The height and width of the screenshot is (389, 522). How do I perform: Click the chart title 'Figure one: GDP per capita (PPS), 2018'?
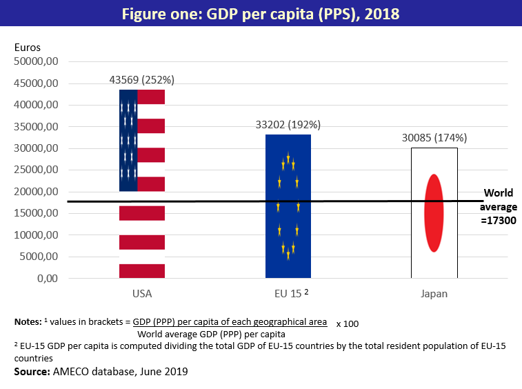261,14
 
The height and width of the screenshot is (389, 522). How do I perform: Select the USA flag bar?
142,228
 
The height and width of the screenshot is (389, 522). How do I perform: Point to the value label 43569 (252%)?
142,80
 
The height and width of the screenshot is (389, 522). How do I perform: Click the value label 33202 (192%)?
288,125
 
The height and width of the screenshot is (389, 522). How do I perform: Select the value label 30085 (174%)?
434,137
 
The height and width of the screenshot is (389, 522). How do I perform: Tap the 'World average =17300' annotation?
499,207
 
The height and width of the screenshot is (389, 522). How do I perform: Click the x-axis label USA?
142,294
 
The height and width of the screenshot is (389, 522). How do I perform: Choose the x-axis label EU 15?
288,294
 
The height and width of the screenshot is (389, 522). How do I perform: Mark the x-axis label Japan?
434,294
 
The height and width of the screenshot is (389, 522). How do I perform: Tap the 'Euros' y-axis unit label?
28,48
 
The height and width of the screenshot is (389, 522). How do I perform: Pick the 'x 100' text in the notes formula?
348,323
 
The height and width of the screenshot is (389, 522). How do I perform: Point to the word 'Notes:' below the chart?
28,322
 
